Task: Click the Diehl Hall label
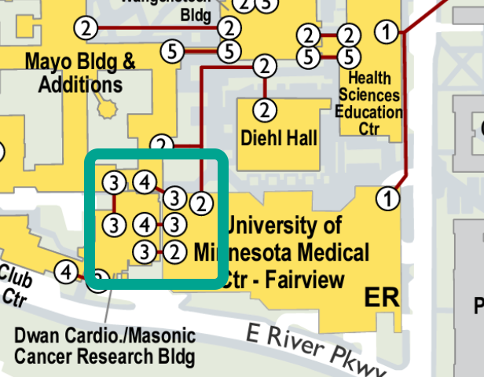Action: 280,138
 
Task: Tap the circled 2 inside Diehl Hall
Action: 266,108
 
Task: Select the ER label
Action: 382,298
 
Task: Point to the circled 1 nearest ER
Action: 387,198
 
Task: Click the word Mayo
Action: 52,60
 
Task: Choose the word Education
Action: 368,112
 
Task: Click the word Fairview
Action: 306,280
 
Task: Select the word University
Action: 284,226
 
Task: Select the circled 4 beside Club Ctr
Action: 67,273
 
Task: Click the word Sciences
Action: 368,94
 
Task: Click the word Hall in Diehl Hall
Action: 302,138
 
